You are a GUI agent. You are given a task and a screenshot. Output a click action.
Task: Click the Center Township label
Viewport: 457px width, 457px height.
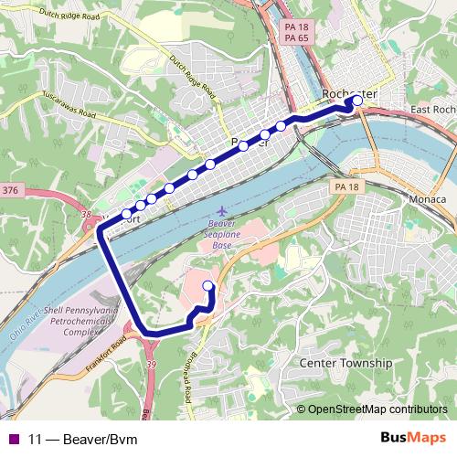coord(345,363)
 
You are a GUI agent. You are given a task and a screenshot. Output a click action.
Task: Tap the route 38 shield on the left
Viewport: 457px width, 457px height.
coord(86,215)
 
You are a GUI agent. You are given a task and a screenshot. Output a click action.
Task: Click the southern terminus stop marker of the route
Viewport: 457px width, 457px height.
coord(207,286)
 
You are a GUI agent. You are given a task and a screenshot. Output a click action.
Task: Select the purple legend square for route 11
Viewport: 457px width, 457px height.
coord(13,439)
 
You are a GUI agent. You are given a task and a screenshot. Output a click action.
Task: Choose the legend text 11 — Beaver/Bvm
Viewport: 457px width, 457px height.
coord(82,439)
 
